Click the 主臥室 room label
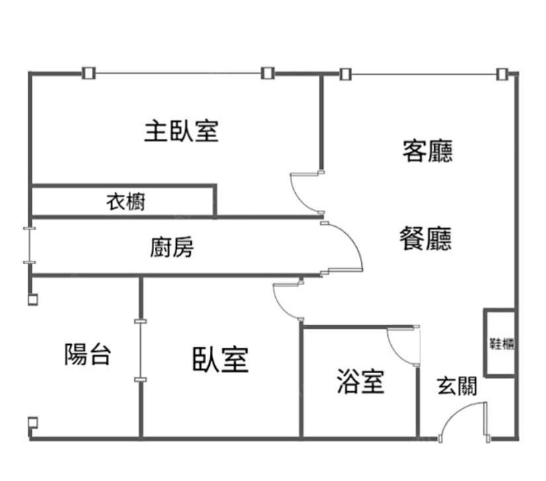(x=181, y=131)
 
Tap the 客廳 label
(x=428, y=152)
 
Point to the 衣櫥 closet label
(x=126, y=202)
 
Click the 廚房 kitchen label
(x=171, y=248)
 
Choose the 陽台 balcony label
(x=87, y=355)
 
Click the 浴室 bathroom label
(x=360, y=382)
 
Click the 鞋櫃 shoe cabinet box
(x=500, y=343)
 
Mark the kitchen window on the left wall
(x=29, y=245)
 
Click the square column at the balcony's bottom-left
(x=32, y=423)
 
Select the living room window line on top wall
(x=424, y=73)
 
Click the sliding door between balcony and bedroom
(x=140, y=351)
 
